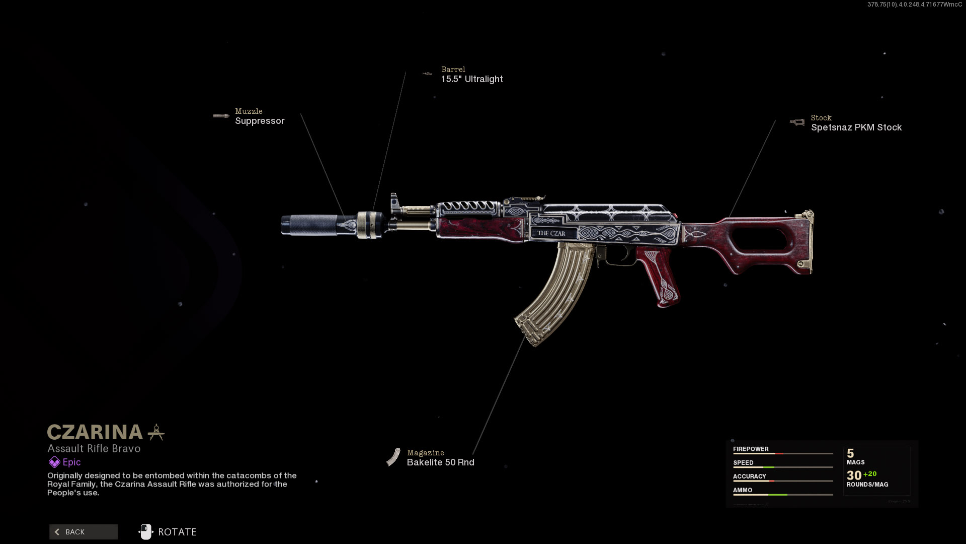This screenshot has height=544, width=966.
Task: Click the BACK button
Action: (84, 532)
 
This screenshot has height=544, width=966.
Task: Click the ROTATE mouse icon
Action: (146, 532)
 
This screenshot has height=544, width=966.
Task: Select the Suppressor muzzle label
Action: (260, 121)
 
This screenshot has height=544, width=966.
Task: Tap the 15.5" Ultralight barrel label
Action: (471, 79)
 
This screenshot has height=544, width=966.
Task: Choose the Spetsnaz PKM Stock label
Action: (856, 127)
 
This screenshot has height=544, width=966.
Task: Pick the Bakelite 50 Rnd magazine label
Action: (440, 462)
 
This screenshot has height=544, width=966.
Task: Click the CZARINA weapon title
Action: (95, 432)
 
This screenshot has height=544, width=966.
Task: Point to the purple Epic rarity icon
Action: (54, 462)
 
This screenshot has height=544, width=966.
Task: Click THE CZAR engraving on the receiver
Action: (551, 233)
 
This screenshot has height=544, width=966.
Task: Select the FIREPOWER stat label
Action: (751, 449)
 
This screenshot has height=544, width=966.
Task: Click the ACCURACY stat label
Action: (749, 476)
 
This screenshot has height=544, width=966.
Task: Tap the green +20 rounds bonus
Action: (870, 474)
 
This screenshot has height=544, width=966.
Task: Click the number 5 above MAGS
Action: (850, 453)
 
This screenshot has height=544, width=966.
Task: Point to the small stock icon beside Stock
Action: (797, 122)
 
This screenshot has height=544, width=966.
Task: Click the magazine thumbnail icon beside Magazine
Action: (393, 457)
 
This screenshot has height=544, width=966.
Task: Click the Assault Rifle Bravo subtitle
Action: (94, 448)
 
